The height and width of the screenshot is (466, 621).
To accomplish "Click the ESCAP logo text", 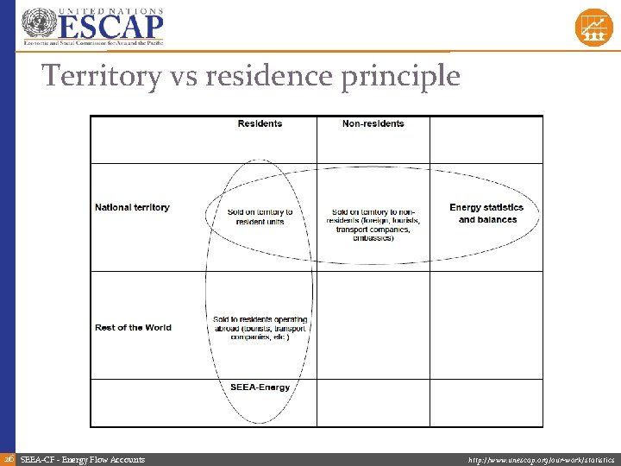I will click(110, 26).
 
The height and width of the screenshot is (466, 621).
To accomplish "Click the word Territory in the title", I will click(102, 77).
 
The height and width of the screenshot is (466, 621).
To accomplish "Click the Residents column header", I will click(260, 124).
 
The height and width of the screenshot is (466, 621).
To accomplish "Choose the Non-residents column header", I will click(373, 124).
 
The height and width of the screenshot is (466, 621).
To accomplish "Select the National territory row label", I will click(132, 208).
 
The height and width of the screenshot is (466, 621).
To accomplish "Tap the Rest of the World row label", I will click(133, 328).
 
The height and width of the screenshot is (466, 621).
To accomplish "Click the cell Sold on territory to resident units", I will click(260, 217).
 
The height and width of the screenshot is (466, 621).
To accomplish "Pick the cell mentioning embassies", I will click(373, 224).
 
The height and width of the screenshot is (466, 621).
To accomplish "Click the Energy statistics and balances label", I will click(486, 213).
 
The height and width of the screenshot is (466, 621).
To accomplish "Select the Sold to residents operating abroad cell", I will click(260, 328).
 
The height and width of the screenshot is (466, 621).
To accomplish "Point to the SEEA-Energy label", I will click(260, 387).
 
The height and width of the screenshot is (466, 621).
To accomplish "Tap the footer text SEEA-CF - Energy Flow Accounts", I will click(83, 460).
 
